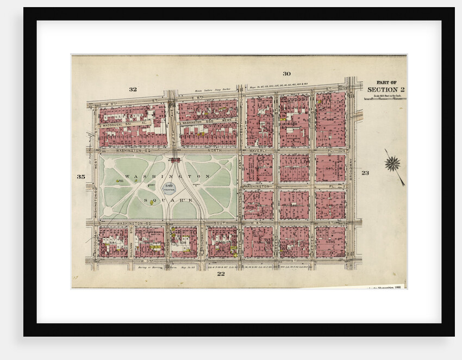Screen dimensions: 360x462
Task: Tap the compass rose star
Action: click(x=392, y=163)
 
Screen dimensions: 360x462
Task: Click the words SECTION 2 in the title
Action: click(x=385, y=90)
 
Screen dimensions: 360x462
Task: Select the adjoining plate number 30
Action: click(x=286, y=73)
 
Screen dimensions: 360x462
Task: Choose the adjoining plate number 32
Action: click(x=133, y=89)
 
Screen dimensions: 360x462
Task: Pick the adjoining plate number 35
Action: click(x=81, y=177)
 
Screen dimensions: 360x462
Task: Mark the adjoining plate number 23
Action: click(x=365, y=173)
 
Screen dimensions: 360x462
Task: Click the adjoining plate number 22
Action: click(x=221, y=274)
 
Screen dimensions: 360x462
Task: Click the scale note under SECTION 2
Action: click(x=385, y=96)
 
